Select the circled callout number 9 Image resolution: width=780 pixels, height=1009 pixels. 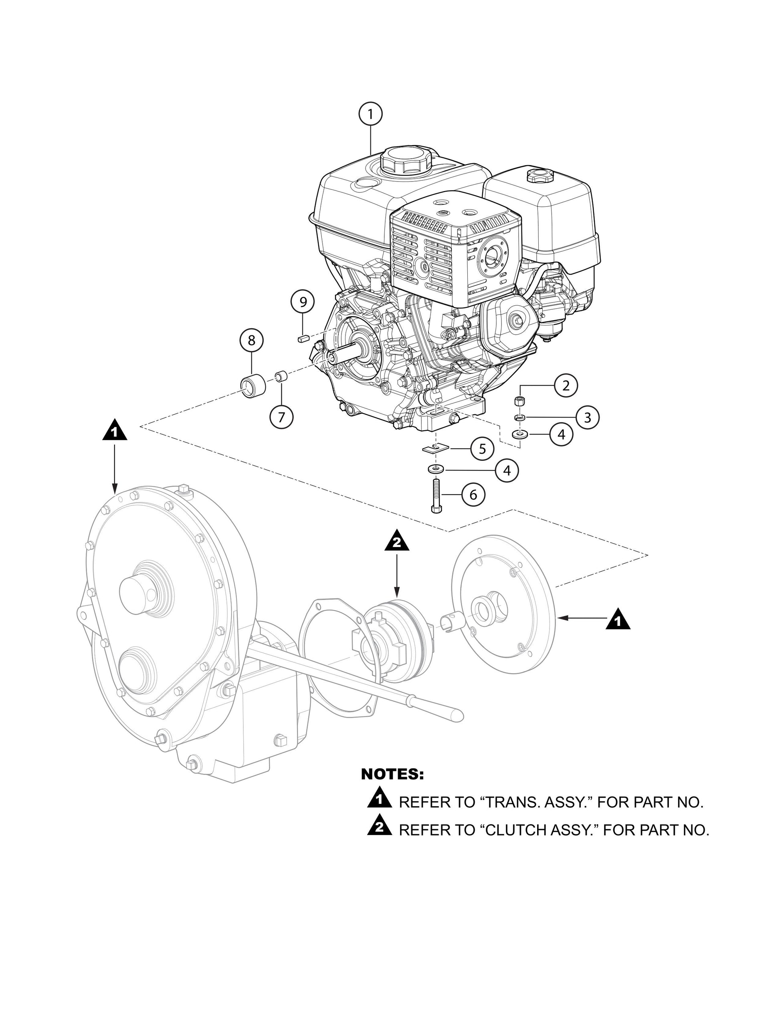pyautogui.click(x=303, y=302)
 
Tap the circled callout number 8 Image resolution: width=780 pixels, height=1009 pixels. pyautogui.click(x=251, y=341)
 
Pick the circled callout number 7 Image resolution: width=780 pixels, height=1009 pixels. pyautogui.click(x=281, y=417)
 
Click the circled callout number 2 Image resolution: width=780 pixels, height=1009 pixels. pyautogui.click(x=566, y=385)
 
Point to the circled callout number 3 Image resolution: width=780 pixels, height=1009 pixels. pyautogui.click(x=587, y=418)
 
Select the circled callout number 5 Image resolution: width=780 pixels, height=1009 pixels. pyautogui.click(x=483, y=448)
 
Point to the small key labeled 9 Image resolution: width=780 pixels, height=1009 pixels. pyautogui.click(x=302, y=338)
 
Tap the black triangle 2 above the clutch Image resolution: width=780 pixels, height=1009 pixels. pyautogui.click(x=397, y=543)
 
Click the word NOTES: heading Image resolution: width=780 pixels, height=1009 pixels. pyautogui.click(x=392, y=774)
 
